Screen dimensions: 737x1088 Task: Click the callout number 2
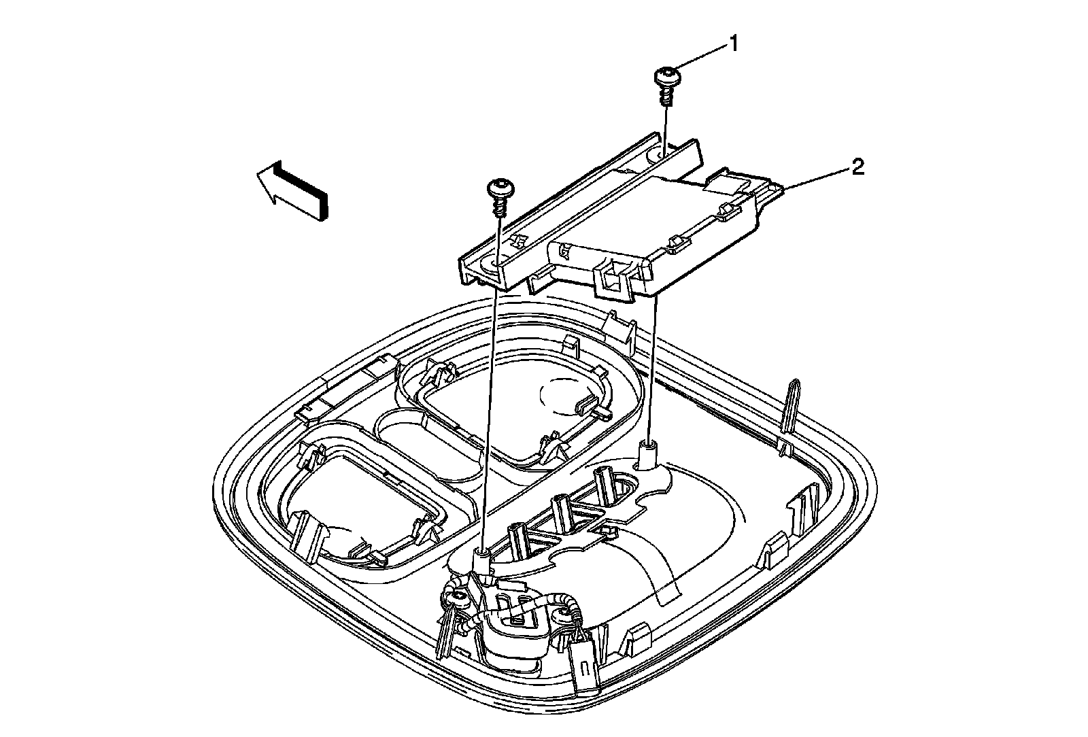pyautogui.click(x=859, y=167)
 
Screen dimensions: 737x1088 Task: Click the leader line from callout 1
pyautogui.click(x=700, y=58)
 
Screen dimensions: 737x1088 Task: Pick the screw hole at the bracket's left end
pyautogui.click(x=490, y=264)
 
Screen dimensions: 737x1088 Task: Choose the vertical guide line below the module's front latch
pyautogui.click(x=653, y=367)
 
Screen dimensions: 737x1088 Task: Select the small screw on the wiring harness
pyautogui.click(x=460, y=596)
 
